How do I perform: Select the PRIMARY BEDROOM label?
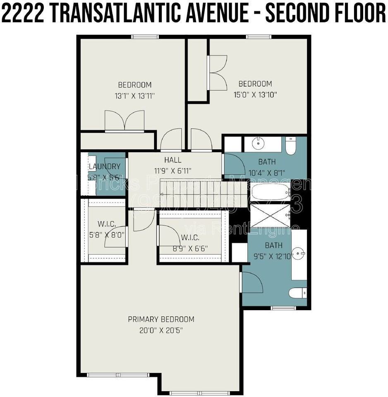[x=161, y=319]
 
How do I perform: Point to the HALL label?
[x=172, y=160]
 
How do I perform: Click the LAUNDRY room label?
[x=105, y=167]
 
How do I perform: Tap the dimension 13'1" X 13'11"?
[x=135, y=96]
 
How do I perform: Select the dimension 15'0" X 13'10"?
[x=255, y=94]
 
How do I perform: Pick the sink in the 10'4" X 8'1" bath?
[x=258, y=143]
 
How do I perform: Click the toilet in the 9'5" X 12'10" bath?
[x=297, y=293]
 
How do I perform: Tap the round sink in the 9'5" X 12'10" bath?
[x=298, y=252]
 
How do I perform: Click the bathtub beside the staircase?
[x=271, y=192]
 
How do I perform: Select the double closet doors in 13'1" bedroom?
[x=125, y=121]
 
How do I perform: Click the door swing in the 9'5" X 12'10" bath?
[x=252, y=282]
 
